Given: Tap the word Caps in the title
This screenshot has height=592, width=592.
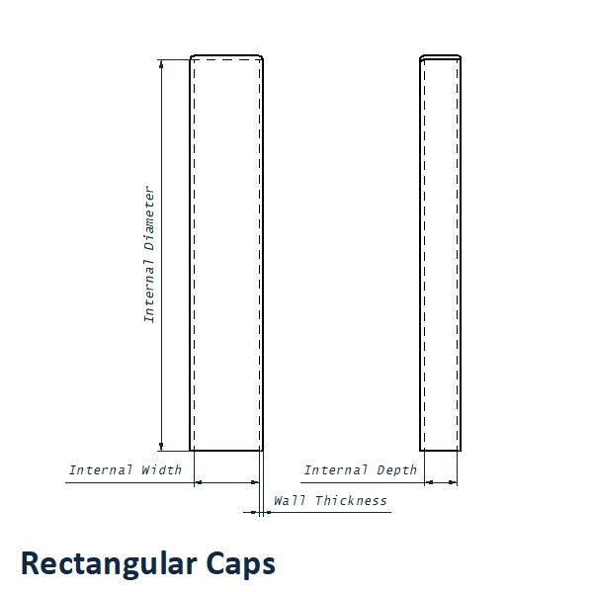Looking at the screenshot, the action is tap(241, 565).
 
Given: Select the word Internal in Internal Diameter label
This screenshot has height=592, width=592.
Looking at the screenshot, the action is tap(149, 291).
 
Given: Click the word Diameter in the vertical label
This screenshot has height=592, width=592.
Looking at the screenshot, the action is tap(149, 218).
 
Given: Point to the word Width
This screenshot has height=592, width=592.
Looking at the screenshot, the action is tap(162, 470).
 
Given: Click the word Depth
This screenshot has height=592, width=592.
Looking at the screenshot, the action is tap(396, 470).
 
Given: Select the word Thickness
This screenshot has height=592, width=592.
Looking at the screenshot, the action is tap(351, 501).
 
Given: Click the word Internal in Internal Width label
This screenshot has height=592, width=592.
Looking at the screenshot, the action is tap(101, 470).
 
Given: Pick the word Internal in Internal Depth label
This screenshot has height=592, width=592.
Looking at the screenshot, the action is tap(336, 470).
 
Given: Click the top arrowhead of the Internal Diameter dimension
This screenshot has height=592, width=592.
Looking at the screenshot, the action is tap(161, 64).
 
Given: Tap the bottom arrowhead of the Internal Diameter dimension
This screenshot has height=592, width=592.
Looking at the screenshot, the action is tap(161, 446).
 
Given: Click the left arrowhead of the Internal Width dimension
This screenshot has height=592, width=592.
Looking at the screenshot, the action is tap(199, 482).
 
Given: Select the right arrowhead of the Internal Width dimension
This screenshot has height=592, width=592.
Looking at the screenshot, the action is tap(255, 482).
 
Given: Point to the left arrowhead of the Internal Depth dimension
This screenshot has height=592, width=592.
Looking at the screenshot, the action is tap(429, 482).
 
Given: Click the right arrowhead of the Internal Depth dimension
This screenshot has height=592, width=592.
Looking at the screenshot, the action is tap(453, 482).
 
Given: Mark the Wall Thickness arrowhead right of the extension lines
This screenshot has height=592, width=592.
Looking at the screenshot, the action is tap(268, 512).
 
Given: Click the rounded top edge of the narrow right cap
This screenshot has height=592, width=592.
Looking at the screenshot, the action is tap(440, 56).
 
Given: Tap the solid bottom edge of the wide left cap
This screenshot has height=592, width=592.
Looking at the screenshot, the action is tap(226, 451).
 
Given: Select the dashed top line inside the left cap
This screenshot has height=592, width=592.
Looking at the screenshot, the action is tap(227, 59).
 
